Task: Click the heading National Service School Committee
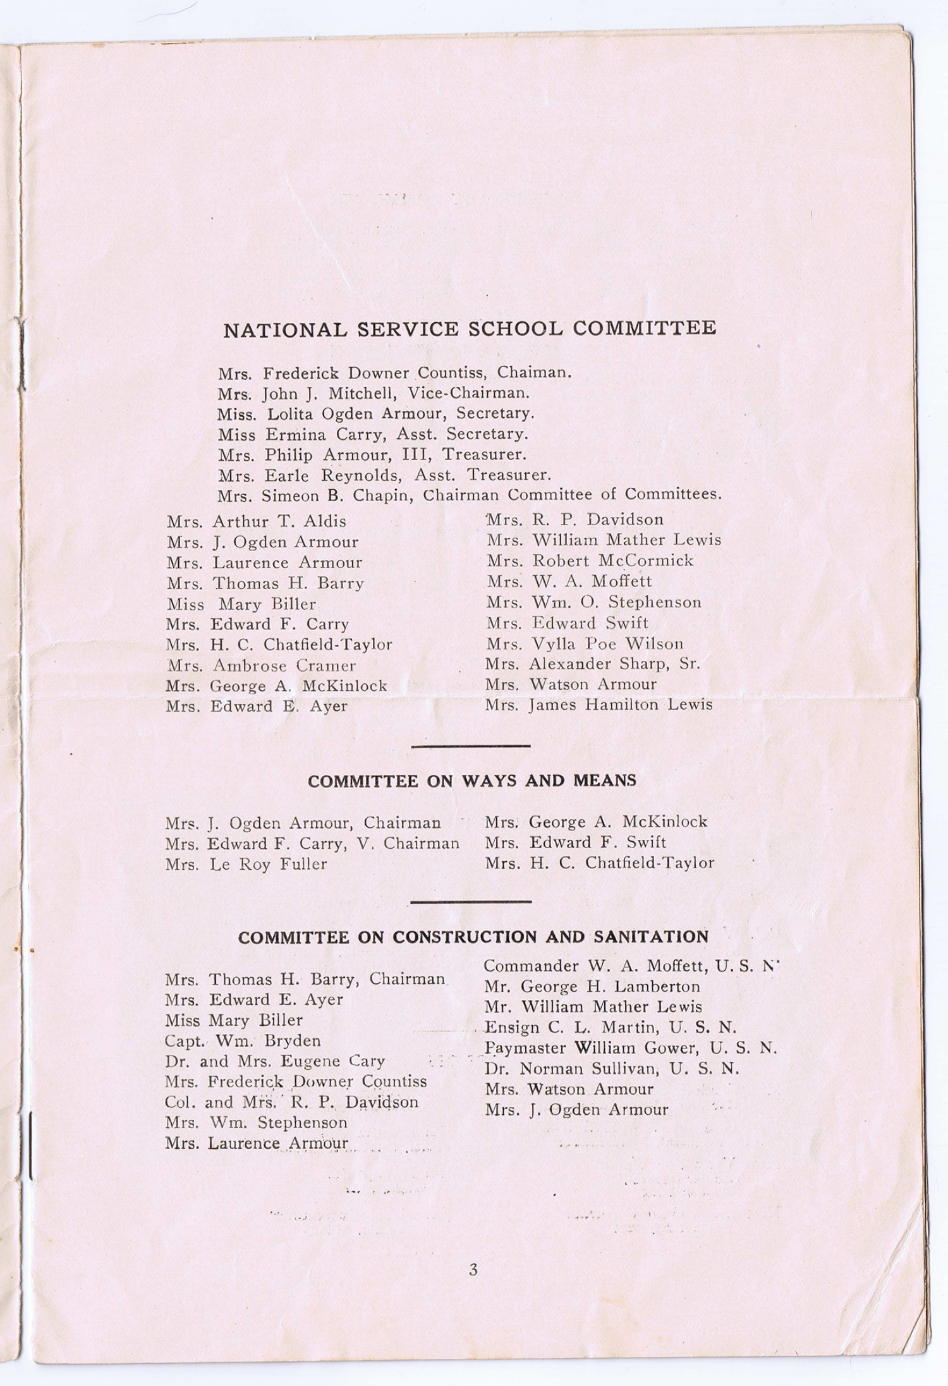(470, 329)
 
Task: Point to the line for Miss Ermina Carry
(372, 434)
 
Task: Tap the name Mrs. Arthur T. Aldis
(257, 522)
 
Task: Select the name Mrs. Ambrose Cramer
(261, 666)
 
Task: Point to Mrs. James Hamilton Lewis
(599, 705)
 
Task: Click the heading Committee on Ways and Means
(471, 781)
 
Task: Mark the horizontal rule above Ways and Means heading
(470, 746)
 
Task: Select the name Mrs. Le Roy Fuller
(246, 864)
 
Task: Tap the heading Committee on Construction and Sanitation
(473, 937)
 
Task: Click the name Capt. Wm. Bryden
(243, 1040)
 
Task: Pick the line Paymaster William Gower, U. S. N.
(630, 1048)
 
